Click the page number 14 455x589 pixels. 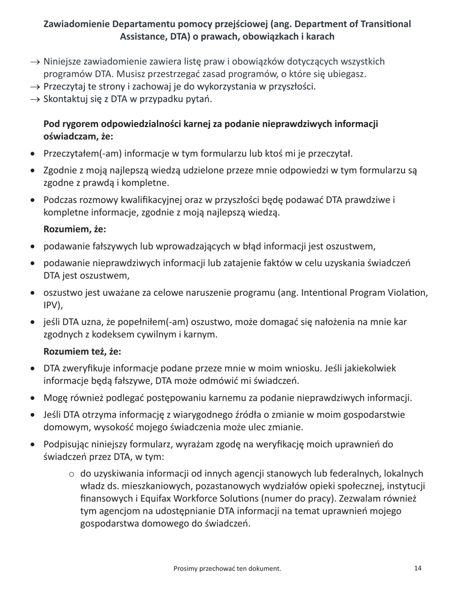pyautogui.click(x=418, y=568)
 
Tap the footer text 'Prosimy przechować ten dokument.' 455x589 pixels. pyautogui.click(x=227, y=568)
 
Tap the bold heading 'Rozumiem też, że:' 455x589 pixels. pyautogui.click(x=82, y=351)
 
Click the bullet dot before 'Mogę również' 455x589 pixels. pyautogui.click(x=32, y=398)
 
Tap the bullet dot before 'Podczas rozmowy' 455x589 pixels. pyautogui.click(x=32, y=200)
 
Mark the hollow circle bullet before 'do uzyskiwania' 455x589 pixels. pyautogui.click(x=71, y=474)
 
